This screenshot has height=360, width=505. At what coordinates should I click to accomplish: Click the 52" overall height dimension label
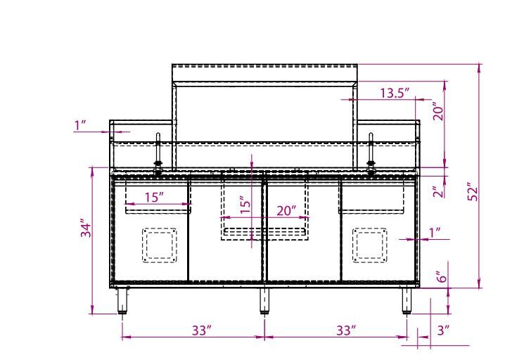473,192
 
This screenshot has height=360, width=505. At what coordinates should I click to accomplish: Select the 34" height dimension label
87,228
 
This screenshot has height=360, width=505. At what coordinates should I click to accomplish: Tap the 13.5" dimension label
395,93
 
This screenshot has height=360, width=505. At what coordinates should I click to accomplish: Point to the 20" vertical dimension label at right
439,111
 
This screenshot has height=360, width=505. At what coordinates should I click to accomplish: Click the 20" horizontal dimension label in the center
286,211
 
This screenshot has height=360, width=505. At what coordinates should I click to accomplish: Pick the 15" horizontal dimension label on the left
154,197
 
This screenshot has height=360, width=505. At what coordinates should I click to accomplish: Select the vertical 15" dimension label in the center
245,205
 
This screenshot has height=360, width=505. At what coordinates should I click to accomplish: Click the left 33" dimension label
202,330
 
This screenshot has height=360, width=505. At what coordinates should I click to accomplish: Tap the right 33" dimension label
346,330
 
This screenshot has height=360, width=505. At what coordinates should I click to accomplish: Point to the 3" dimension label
443,330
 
